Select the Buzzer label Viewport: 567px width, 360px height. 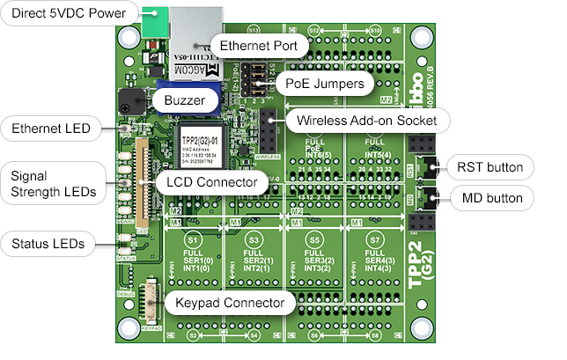pos(184,101)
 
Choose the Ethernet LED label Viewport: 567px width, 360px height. pos(51,129)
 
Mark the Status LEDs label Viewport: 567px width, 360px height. pos(48,244)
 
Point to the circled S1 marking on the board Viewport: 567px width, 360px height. pos(194,239)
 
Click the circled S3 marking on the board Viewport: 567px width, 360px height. pos(254,239)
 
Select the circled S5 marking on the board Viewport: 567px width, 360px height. pos(314,239)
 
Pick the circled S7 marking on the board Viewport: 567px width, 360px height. pos(375,239)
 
